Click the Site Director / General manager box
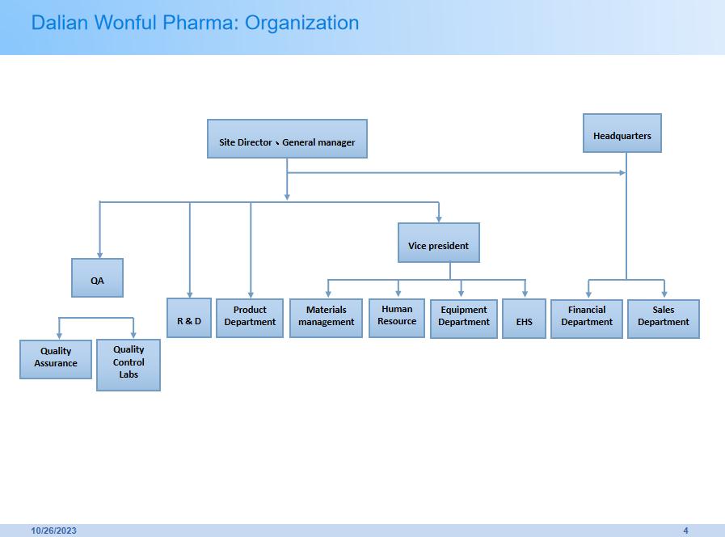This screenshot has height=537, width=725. [287, 139]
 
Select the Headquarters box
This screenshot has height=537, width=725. [622, 133]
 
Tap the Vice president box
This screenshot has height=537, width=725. [438, 243]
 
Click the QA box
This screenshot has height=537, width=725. [97, 278]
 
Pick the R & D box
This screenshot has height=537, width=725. [188, 318]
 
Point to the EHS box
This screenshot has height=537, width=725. [524, 319]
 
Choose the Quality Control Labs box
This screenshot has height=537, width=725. [129, 365]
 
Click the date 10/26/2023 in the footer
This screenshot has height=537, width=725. [54, 531]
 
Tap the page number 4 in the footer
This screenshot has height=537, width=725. [685, 531]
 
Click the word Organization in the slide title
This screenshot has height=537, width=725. [301, 23]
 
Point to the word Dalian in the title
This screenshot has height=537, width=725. [60, 23]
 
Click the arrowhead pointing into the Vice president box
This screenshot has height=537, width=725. [439, 218]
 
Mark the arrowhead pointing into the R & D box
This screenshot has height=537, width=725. [189, 294]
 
